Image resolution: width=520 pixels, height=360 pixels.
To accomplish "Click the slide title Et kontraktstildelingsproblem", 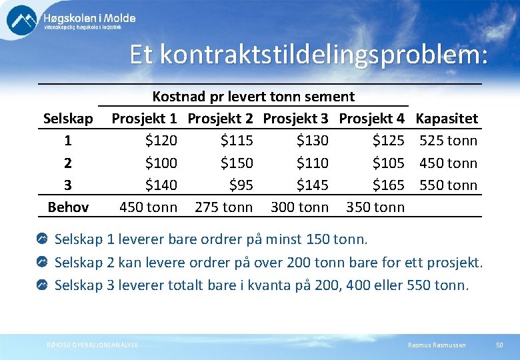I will pos(309,55).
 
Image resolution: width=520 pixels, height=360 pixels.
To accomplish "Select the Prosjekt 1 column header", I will pos(144,119).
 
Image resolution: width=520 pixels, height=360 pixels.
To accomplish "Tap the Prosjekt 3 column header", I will pos(295,119).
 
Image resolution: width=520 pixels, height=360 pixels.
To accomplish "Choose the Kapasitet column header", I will pos(446,119).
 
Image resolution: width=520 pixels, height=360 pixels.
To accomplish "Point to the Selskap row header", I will pos(68,119).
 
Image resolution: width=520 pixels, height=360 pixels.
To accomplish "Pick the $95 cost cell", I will pos(241,185).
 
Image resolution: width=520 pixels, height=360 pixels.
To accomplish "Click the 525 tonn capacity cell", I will pos(448,141).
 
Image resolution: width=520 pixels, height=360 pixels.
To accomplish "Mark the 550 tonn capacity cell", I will pos(448,185).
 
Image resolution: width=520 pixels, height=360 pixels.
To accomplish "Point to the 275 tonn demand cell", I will pos(223,207).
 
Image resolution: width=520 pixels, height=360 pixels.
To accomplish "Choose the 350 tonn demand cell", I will pos(375,207).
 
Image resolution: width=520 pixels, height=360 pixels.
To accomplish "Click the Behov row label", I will pos(68,207).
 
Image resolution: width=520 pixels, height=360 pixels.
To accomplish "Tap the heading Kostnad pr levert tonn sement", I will pos(253,97).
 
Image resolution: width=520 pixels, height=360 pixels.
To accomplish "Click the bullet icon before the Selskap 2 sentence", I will pos(42,262).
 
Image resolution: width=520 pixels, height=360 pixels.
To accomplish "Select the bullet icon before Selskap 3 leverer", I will pos(42,285).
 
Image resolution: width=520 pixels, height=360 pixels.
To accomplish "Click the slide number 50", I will pos(499,345).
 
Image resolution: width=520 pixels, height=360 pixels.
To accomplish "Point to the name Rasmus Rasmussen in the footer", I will pos(437,345).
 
